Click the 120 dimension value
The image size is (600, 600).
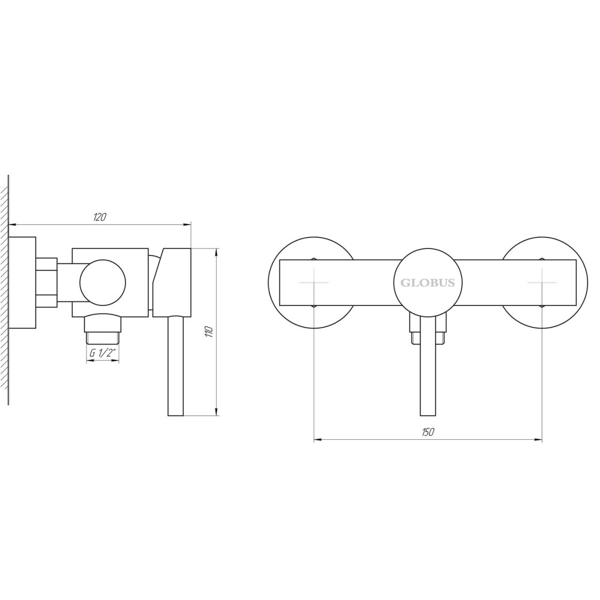100,217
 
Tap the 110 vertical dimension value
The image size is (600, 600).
209,331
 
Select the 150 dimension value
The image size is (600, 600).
428,432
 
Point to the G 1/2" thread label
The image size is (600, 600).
103,353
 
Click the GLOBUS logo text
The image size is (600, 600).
427,283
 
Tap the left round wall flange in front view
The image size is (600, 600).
269,283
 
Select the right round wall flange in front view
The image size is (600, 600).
587,283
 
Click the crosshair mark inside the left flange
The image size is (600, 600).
314,283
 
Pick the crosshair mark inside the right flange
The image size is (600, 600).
542,283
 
